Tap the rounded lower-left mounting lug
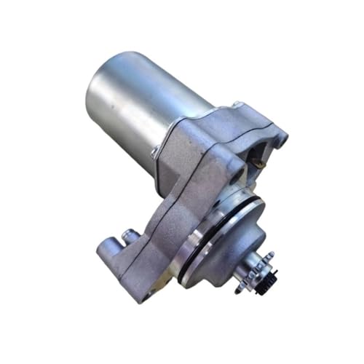pyautogui.click(x=109, y=248)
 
